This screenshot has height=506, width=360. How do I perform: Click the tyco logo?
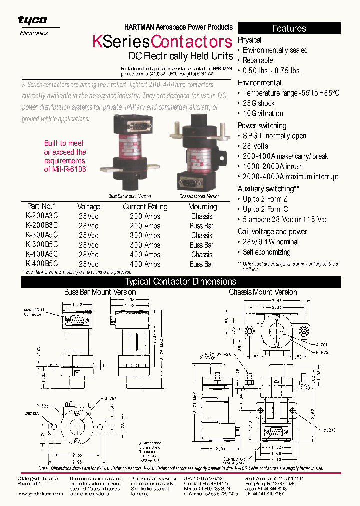point(33,20)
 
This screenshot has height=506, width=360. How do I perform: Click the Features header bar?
point(289,28)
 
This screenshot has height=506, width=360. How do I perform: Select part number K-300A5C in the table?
point(41,235)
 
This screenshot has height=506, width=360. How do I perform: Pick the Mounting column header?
point(202,207)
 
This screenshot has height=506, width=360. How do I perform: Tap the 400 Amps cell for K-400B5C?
point(145,264)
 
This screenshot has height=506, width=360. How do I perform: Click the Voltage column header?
point(89,207)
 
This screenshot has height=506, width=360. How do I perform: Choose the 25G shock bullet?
point(259,103)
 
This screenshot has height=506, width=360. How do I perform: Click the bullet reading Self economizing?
point(266,252)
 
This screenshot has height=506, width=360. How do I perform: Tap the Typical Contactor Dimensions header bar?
point(180,282)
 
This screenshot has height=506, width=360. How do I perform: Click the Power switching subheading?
point(262,126)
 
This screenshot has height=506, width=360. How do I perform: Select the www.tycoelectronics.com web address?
point(40,493)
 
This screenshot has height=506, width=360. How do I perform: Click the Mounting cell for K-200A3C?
point(202,216)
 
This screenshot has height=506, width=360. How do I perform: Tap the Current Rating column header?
point(145,207)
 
